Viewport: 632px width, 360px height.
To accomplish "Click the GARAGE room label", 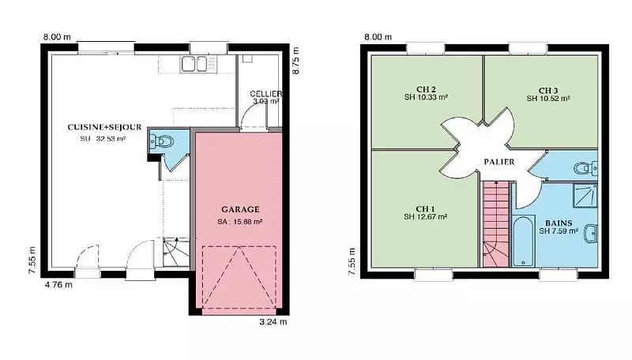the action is click(240, 209).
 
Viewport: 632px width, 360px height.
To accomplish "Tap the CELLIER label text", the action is click(265, 94).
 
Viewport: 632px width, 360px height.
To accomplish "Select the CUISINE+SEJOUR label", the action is click(104, 127).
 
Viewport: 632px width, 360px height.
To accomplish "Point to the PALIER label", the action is click(499, 162).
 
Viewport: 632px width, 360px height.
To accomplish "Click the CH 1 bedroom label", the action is click(425, 209).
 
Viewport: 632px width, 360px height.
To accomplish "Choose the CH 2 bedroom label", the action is click(426, 89).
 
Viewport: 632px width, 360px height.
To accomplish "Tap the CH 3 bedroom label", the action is click(548, 91).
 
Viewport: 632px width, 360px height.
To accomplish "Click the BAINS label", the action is click(559, 223).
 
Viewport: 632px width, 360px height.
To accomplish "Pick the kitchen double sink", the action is click(194, 64).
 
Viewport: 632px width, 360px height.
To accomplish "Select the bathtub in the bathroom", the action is click(523, 242).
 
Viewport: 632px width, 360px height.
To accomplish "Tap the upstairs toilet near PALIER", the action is click(585, 168).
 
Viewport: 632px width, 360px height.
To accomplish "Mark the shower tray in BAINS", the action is click(585, 195).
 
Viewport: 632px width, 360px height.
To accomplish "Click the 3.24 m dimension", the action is click(273, 322).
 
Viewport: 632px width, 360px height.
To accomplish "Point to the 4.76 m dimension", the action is click(58, 285).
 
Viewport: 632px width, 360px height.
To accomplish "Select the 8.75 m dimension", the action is click(295, 61).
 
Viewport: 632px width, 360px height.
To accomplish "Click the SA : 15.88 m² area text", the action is click(240, 222).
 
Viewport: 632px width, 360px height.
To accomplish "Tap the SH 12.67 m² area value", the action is click(425, 217).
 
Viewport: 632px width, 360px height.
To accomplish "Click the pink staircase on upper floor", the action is click(496, 224).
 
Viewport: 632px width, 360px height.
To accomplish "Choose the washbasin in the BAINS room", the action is click(591, 234).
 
